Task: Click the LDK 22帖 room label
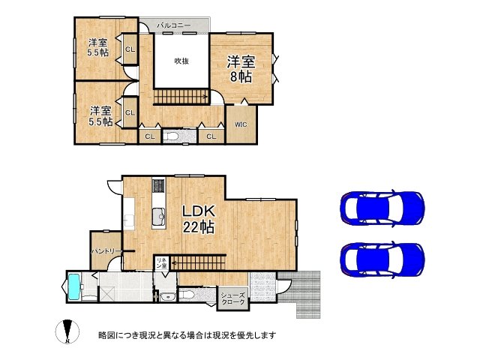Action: coord(198,219)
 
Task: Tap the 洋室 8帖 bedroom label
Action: coord(241,69)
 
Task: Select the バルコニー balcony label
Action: coord(173,25)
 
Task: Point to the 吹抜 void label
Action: coord(181,61)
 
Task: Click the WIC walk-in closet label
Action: coord(241,124)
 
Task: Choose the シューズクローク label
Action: coord(233,298)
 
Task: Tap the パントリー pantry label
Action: coord(106,251)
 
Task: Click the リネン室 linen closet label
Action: coord(161,262)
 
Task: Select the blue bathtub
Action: coord(74,286)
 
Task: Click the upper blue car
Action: coord(382,208)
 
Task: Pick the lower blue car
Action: coord(382,259)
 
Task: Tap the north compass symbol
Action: coord(67,331)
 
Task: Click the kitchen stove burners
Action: coord(158,185)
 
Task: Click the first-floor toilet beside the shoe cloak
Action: coord(187,295)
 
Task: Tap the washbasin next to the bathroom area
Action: coord(167,296)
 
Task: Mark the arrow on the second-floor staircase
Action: coord(181,97)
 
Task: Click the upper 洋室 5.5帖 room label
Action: coord(98,47)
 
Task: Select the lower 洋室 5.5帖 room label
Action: coord(100,116)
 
